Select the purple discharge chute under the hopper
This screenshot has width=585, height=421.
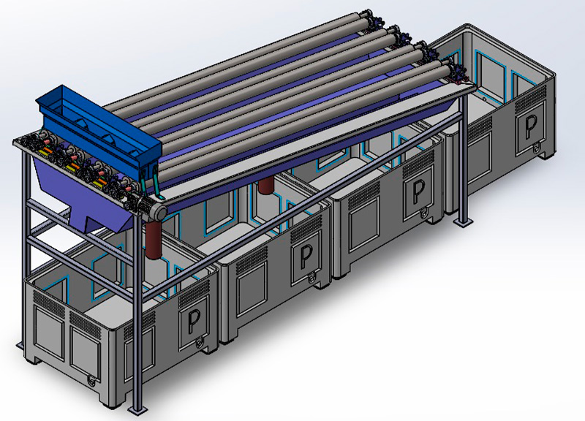pos(82,197)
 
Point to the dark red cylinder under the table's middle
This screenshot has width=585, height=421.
pos(265,185)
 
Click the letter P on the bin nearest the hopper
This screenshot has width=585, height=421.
pos(194,322)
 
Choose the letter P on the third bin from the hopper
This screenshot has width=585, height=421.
pos(419,191)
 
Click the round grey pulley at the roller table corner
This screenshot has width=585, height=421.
pos(159,213)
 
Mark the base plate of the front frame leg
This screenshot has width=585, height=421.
pos(136,409)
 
